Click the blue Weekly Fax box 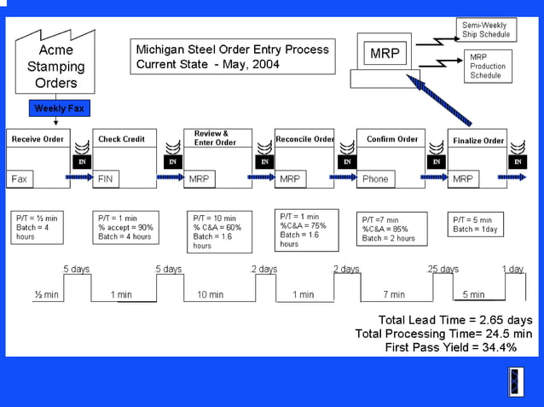(60, 108)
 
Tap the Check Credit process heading (122, 139)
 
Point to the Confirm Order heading (392, 139)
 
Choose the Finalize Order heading (478, 140)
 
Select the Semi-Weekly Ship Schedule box (485, 30)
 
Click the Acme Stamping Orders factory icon (56, 63)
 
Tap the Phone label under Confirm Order (375, 179)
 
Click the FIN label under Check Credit (106, 179)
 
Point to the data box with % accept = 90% (124, 228)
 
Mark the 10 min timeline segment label (210, 294)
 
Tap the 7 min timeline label (393, 294)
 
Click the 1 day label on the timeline (512, 269)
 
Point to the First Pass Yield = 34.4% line (450, 347)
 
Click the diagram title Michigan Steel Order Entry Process (232, 49)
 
